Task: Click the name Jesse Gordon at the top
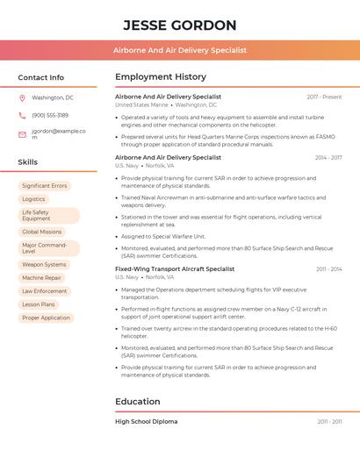[x=179, y=25]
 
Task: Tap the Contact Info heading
[x=40, y=77]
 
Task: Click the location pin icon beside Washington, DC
[x=22, y=98]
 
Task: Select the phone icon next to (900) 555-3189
[x=22, y=115]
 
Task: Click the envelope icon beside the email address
[x=22, y=134]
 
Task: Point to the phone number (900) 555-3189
[x=50, y=115]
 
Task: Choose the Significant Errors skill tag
[x=44, y=186]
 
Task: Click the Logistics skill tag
[x=33, y=199]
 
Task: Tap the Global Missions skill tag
[x=41, y=232]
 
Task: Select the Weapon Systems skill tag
[x=44, y=264]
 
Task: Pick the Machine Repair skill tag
[x=41, y=277]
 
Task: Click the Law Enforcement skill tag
[x=44, y=290]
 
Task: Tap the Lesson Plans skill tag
[x=39, y=304]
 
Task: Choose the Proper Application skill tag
[x=46, y=318]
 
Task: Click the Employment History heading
[x=160, y=77]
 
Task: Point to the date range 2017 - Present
[x=324, y=97]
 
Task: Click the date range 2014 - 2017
[x=328, y=157]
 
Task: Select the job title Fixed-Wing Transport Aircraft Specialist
[x=175, y=268]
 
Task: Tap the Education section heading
[x=137, y=402]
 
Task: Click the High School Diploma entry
[x=146, y=421]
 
